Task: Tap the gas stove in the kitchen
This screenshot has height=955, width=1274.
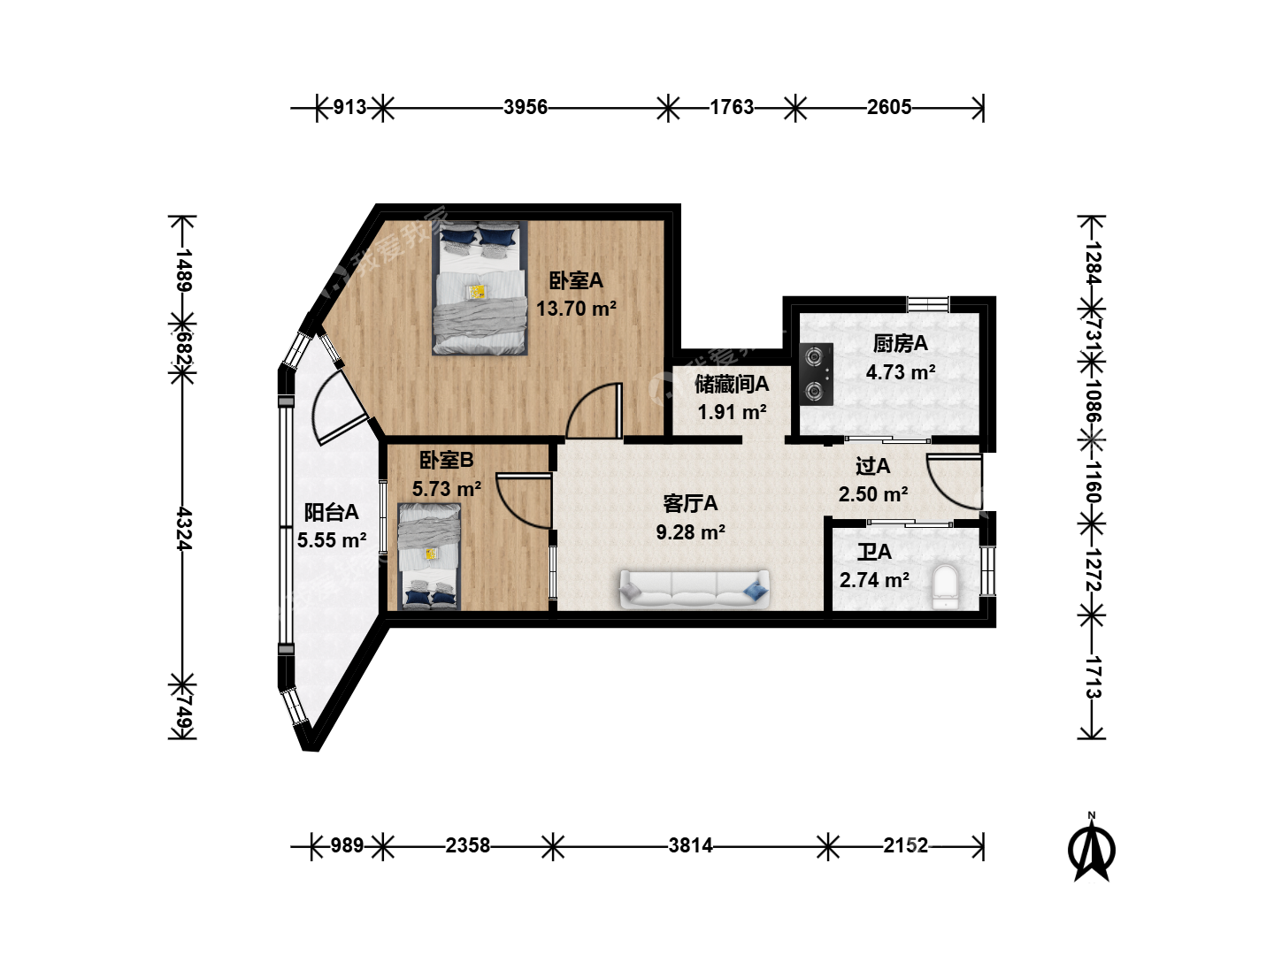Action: coord(816,375)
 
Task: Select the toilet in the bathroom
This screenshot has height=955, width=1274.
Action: coord(944,587)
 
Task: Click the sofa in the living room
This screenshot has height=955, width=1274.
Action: coord(695,589)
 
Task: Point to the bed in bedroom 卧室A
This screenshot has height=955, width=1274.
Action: coord(480,287)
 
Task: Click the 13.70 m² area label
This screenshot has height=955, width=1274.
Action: coord(576,309)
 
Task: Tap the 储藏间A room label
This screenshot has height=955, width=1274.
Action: coord(732,384)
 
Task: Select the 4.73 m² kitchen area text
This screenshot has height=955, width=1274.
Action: coord(901,371)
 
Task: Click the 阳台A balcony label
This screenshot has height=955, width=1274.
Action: coord(332,513)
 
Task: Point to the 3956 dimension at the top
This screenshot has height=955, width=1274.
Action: coord(526,107)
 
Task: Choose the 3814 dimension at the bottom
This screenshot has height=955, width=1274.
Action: coord(690,846)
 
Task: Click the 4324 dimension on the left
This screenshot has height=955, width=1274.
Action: coord(183,529)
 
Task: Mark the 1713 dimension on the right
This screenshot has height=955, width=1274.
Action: coord(1093,677)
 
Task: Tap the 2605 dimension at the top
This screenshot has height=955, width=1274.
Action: coord(889,107)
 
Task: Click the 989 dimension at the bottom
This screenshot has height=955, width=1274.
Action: coord(347,846)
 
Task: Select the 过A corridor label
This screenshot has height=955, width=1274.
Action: coord(873,466)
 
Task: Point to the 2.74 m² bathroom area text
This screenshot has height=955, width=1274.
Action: coord(874,580)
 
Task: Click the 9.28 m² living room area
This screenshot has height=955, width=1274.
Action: coord(690,531)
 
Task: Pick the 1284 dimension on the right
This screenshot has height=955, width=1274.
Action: coord(1093,262)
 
